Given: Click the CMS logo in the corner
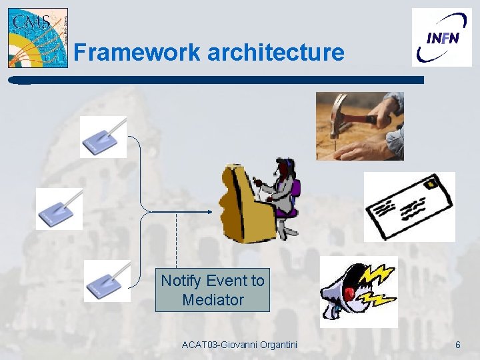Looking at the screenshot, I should [x=37, y=38].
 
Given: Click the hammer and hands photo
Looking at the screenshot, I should [x=359, y=126].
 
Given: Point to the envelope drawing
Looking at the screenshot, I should [x=409, y=207].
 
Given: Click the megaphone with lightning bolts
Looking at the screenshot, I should [x=359, y=291].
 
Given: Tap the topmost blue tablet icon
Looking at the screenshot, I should [x=103, y=137].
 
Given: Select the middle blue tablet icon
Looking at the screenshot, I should [x=59, y=209].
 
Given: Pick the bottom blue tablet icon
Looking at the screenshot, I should [x=107, y=281].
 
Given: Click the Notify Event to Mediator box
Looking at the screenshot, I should [x=213, y=290].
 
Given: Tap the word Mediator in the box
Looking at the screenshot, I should [x=213, y=300].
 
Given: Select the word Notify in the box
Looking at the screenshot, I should [x=182, y=281].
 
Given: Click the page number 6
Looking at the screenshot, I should [x=457, y=345].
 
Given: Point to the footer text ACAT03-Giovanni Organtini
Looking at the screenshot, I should [x=239, y=345].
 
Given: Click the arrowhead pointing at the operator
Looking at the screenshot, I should [x=209, y=213].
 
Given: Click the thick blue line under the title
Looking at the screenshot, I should [x=220, y=79].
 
